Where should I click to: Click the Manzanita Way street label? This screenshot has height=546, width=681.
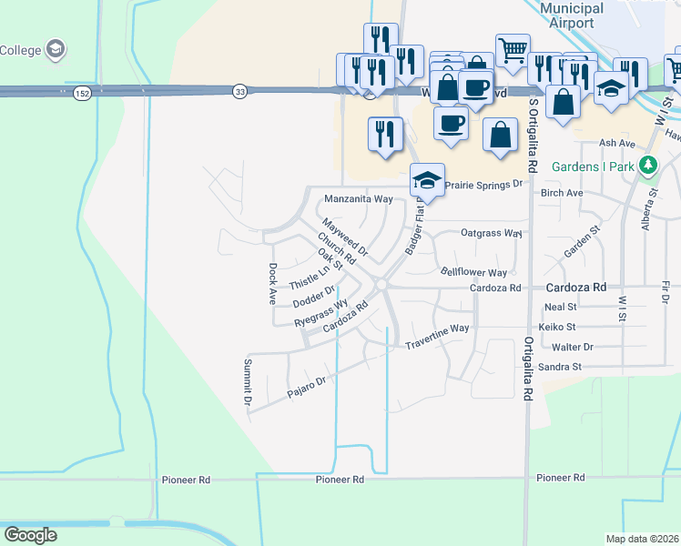point(359,198)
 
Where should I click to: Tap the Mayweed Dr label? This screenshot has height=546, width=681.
point(344,236)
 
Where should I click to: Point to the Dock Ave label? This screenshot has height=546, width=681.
point(272,283)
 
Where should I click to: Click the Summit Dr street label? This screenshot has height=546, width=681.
point(247,381)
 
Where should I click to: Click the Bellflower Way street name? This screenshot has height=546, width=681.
point(473,272)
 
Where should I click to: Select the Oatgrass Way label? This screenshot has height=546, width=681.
point(491,233)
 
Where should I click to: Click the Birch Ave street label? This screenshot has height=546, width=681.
point(562,193)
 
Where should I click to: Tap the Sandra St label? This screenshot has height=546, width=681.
point(560,367)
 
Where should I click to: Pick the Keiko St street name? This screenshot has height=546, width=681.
point(558,327)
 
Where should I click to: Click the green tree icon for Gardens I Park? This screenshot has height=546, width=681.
point(647,166)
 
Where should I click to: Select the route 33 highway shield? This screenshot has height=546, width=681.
point(239,91)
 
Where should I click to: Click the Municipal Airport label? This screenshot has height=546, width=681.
point(571,15)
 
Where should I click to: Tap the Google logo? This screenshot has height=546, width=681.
point(30,534)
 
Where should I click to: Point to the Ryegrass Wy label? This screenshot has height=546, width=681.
point(321,313)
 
